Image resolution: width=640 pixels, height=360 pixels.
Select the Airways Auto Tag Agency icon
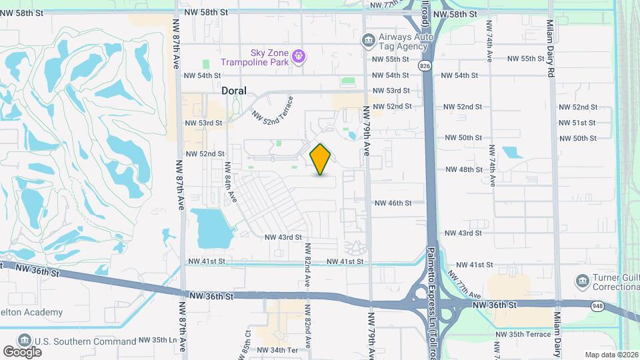coord(368,41)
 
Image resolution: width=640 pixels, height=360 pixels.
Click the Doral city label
coord(233,91)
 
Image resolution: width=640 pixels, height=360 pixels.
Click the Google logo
coord(22,351)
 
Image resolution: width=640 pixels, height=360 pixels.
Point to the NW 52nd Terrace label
coord(272,108)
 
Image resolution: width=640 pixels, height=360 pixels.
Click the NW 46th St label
coord(399,203)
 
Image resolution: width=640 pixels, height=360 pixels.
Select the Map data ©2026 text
coord(610,355)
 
